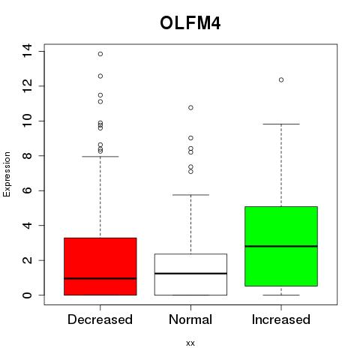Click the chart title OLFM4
point(190,23)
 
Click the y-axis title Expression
point(7,174)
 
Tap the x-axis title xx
point(190,343)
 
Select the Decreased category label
point(100,319)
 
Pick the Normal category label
point(190,319)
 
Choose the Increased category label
point(281,319)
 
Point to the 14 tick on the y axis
point(27,51)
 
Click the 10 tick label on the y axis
point(27,121)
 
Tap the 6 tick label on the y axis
point(27,190)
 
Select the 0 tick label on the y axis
point(27,295)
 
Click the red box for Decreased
point(100,266)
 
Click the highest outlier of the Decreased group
point(100,54)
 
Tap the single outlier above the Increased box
point(281,80)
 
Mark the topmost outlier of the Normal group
point(190,108)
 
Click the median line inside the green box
point(281,246)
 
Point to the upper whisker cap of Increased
point(281,124)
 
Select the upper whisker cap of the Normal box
point(190,195)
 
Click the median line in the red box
point(100,278)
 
